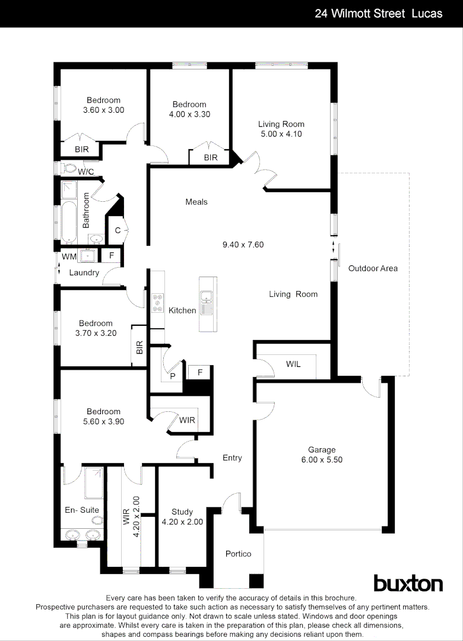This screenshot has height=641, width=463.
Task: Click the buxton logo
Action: tap(408, 583)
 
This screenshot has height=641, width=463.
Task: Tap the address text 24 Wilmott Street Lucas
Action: tap(378, 13)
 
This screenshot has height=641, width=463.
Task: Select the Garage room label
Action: tap(321, 450)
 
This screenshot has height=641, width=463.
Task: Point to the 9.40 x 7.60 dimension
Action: tap(243, 244)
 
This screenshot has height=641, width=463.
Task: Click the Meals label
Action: tap(196, 202)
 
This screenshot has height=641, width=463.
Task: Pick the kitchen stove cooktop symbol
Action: tap(158, 303)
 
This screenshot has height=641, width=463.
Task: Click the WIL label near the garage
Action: tap(293, 364)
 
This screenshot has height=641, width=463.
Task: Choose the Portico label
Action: tap(238, 554)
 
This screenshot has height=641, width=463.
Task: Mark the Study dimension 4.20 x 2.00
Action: tap(182, 522)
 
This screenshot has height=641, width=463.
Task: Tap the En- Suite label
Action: tap(82, 510)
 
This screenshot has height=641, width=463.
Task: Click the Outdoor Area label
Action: tap(373, 268)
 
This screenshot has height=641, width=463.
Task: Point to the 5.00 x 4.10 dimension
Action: tap(281, 134)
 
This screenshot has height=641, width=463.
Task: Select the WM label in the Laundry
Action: tap(69, 257)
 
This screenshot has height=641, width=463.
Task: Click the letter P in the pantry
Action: tap(173, 376)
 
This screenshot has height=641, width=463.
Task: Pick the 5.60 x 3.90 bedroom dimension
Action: tap(103, 421)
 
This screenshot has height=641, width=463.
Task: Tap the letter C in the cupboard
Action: tap(118, 230)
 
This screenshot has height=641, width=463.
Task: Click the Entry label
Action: tap(232, 458)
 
